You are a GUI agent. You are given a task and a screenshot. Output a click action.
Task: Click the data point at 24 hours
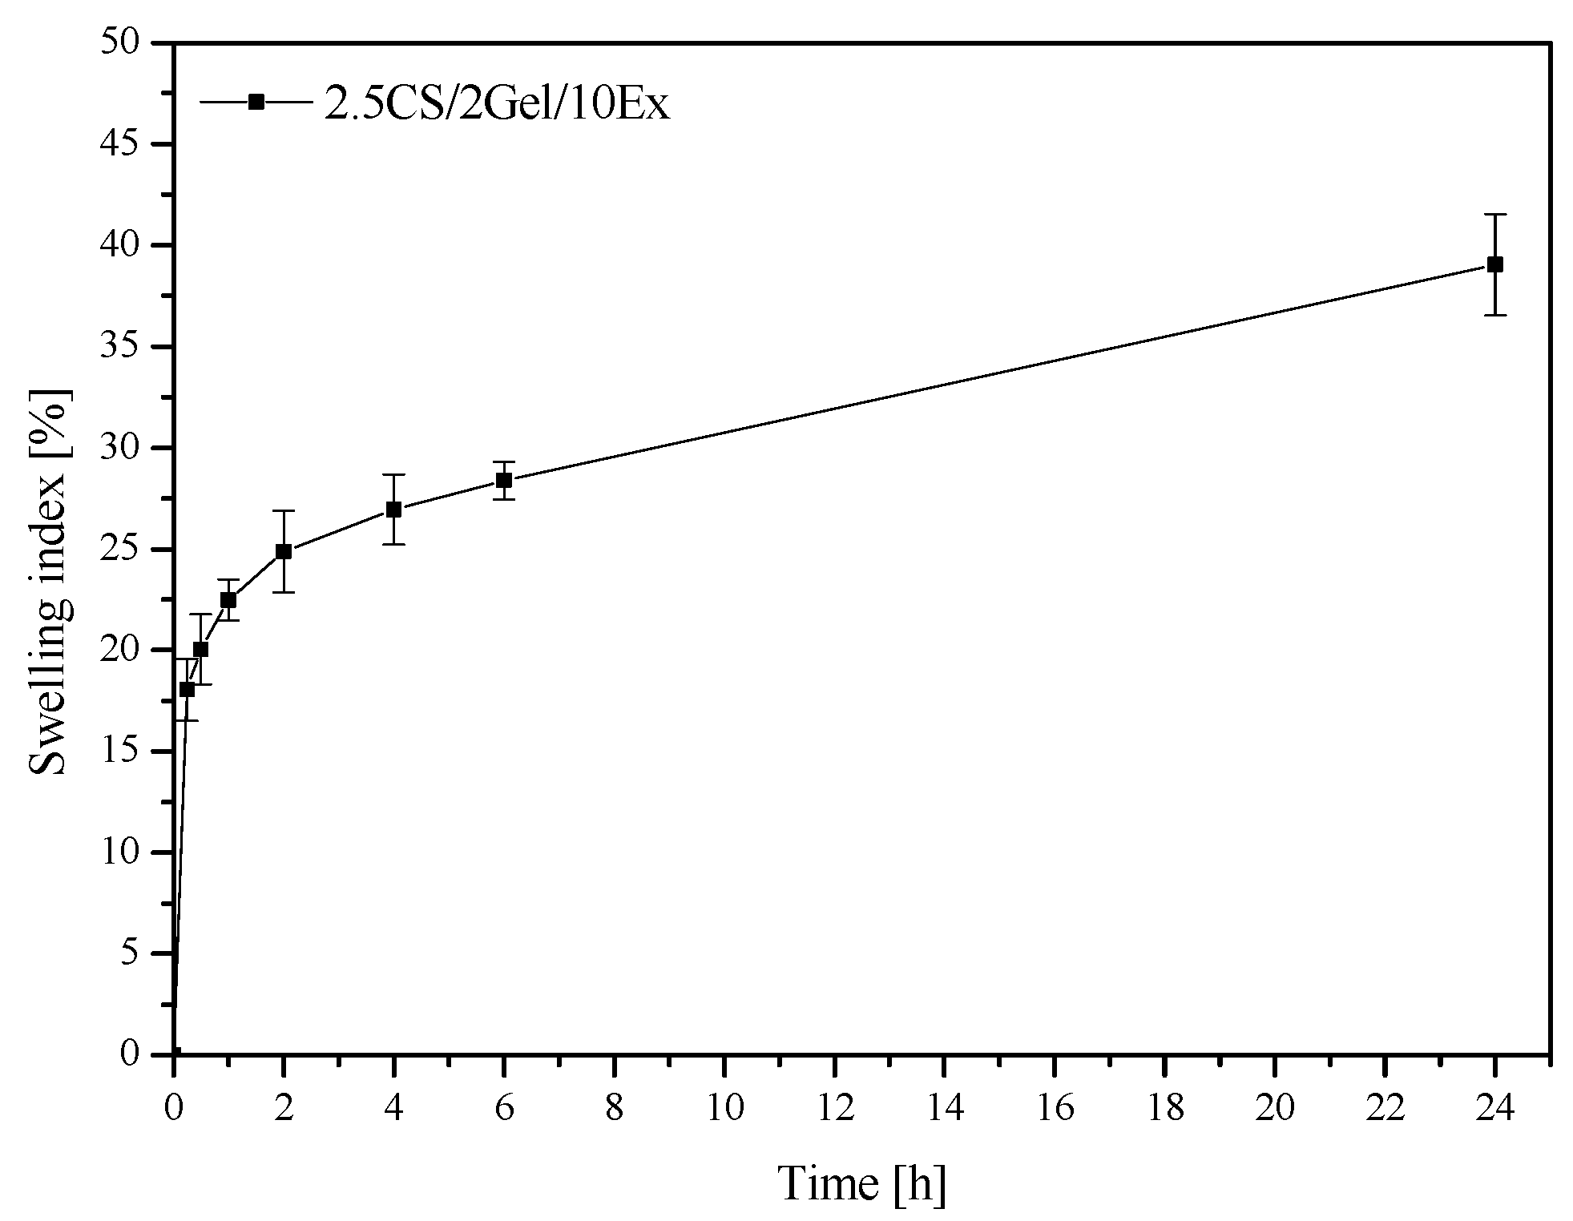click(x=1494, y=265)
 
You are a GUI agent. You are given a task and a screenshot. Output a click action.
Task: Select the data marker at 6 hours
click(x=504, y=481)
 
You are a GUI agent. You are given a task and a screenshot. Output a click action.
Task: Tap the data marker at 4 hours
click(x=393, y=510)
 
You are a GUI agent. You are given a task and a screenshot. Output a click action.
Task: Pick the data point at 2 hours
click(x=284, y=551)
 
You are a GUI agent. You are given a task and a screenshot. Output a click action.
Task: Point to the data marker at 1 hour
click(x=228, y=600)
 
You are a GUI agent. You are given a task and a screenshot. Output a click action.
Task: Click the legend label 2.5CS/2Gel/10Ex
click(x=496, y=104)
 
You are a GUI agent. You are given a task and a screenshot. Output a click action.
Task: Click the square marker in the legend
click(x=256, y=102)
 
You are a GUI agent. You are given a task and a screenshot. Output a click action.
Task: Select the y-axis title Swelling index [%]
click(x=50, y=582)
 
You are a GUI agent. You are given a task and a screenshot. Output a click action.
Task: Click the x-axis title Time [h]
click(x=861, y=1184)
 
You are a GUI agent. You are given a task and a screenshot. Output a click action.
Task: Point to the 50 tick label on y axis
click(x=120, y=42)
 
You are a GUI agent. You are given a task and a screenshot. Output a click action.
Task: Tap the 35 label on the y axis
click(x=120, y=347)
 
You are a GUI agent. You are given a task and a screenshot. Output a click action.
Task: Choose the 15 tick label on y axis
click(x=120, y=752)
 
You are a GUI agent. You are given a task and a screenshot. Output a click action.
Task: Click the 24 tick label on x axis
click(x=1494, y=1110)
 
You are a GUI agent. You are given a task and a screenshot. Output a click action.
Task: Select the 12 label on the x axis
click(x=834, y=1110)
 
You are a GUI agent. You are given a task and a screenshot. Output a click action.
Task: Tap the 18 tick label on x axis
click(x=1164, y=1110)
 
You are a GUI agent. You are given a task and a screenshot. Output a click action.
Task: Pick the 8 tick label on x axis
click(x=614, y=1110)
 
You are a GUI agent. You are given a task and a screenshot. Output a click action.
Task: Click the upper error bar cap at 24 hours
click(x=1494, y=215)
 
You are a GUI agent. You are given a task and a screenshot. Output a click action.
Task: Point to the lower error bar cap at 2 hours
click(x=284, y=592)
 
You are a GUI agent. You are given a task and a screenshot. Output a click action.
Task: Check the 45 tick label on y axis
click(x=120, y=144)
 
